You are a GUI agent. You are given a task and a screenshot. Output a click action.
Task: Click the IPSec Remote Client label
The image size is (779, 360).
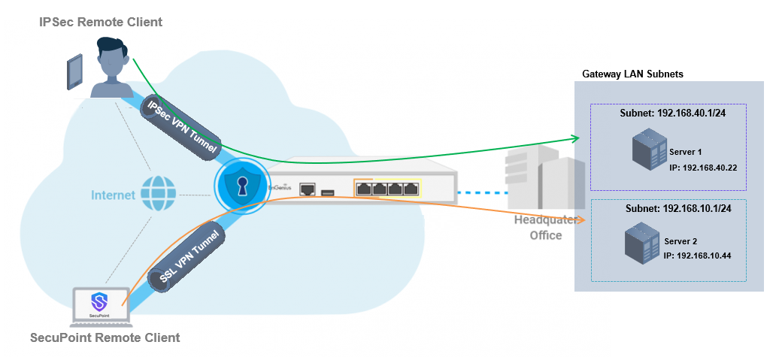click(x=101, y=23)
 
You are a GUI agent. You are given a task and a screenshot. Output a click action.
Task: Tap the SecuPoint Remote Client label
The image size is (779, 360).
click(x=105, y=337)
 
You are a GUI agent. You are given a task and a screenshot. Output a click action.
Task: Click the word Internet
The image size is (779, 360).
click(x=113, y=196)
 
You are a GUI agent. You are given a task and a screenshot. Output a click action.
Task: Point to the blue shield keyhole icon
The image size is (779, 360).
click(x=241, y=188)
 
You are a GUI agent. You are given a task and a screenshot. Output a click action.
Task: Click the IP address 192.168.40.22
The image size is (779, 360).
click(x=713, y=167)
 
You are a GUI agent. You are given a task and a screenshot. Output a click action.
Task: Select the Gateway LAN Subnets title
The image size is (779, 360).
click(x=632, y=74)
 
